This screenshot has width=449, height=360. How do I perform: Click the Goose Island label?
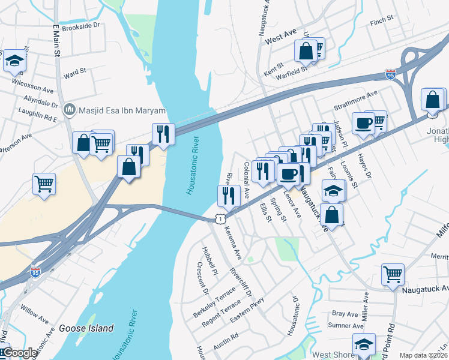(86, 328)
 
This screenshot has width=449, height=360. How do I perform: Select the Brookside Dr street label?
(80, 27)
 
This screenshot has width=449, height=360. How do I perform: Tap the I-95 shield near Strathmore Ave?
(391, 75)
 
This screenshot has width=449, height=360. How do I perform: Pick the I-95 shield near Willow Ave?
(35, 273)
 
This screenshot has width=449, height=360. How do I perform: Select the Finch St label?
(382, 20)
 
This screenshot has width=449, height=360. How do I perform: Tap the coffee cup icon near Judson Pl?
(363, 123)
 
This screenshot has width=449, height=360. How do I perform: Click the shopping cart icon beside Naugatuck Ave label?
(393, 274)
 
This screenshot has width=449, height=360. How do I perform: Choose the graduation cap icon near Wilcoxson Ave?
(14, 60)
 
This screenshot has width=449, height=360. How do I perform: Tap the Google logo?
(19, 353)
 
